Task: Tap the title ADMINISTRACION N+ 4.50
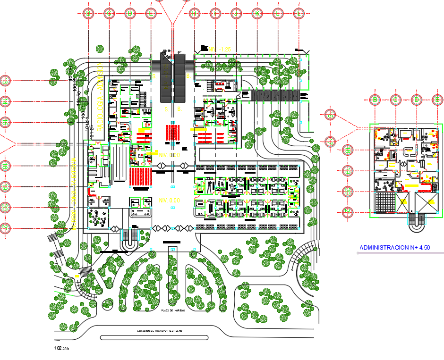coord(394,247)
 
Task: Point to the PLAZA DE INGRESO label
coord(172,310)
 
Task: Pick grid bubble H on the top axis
coord(194,14)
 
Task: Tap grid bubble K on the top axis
coord(257,14)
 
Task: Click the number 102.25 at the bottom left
coord(62,349)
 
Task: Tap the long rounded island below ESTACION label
coord(154,338)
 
